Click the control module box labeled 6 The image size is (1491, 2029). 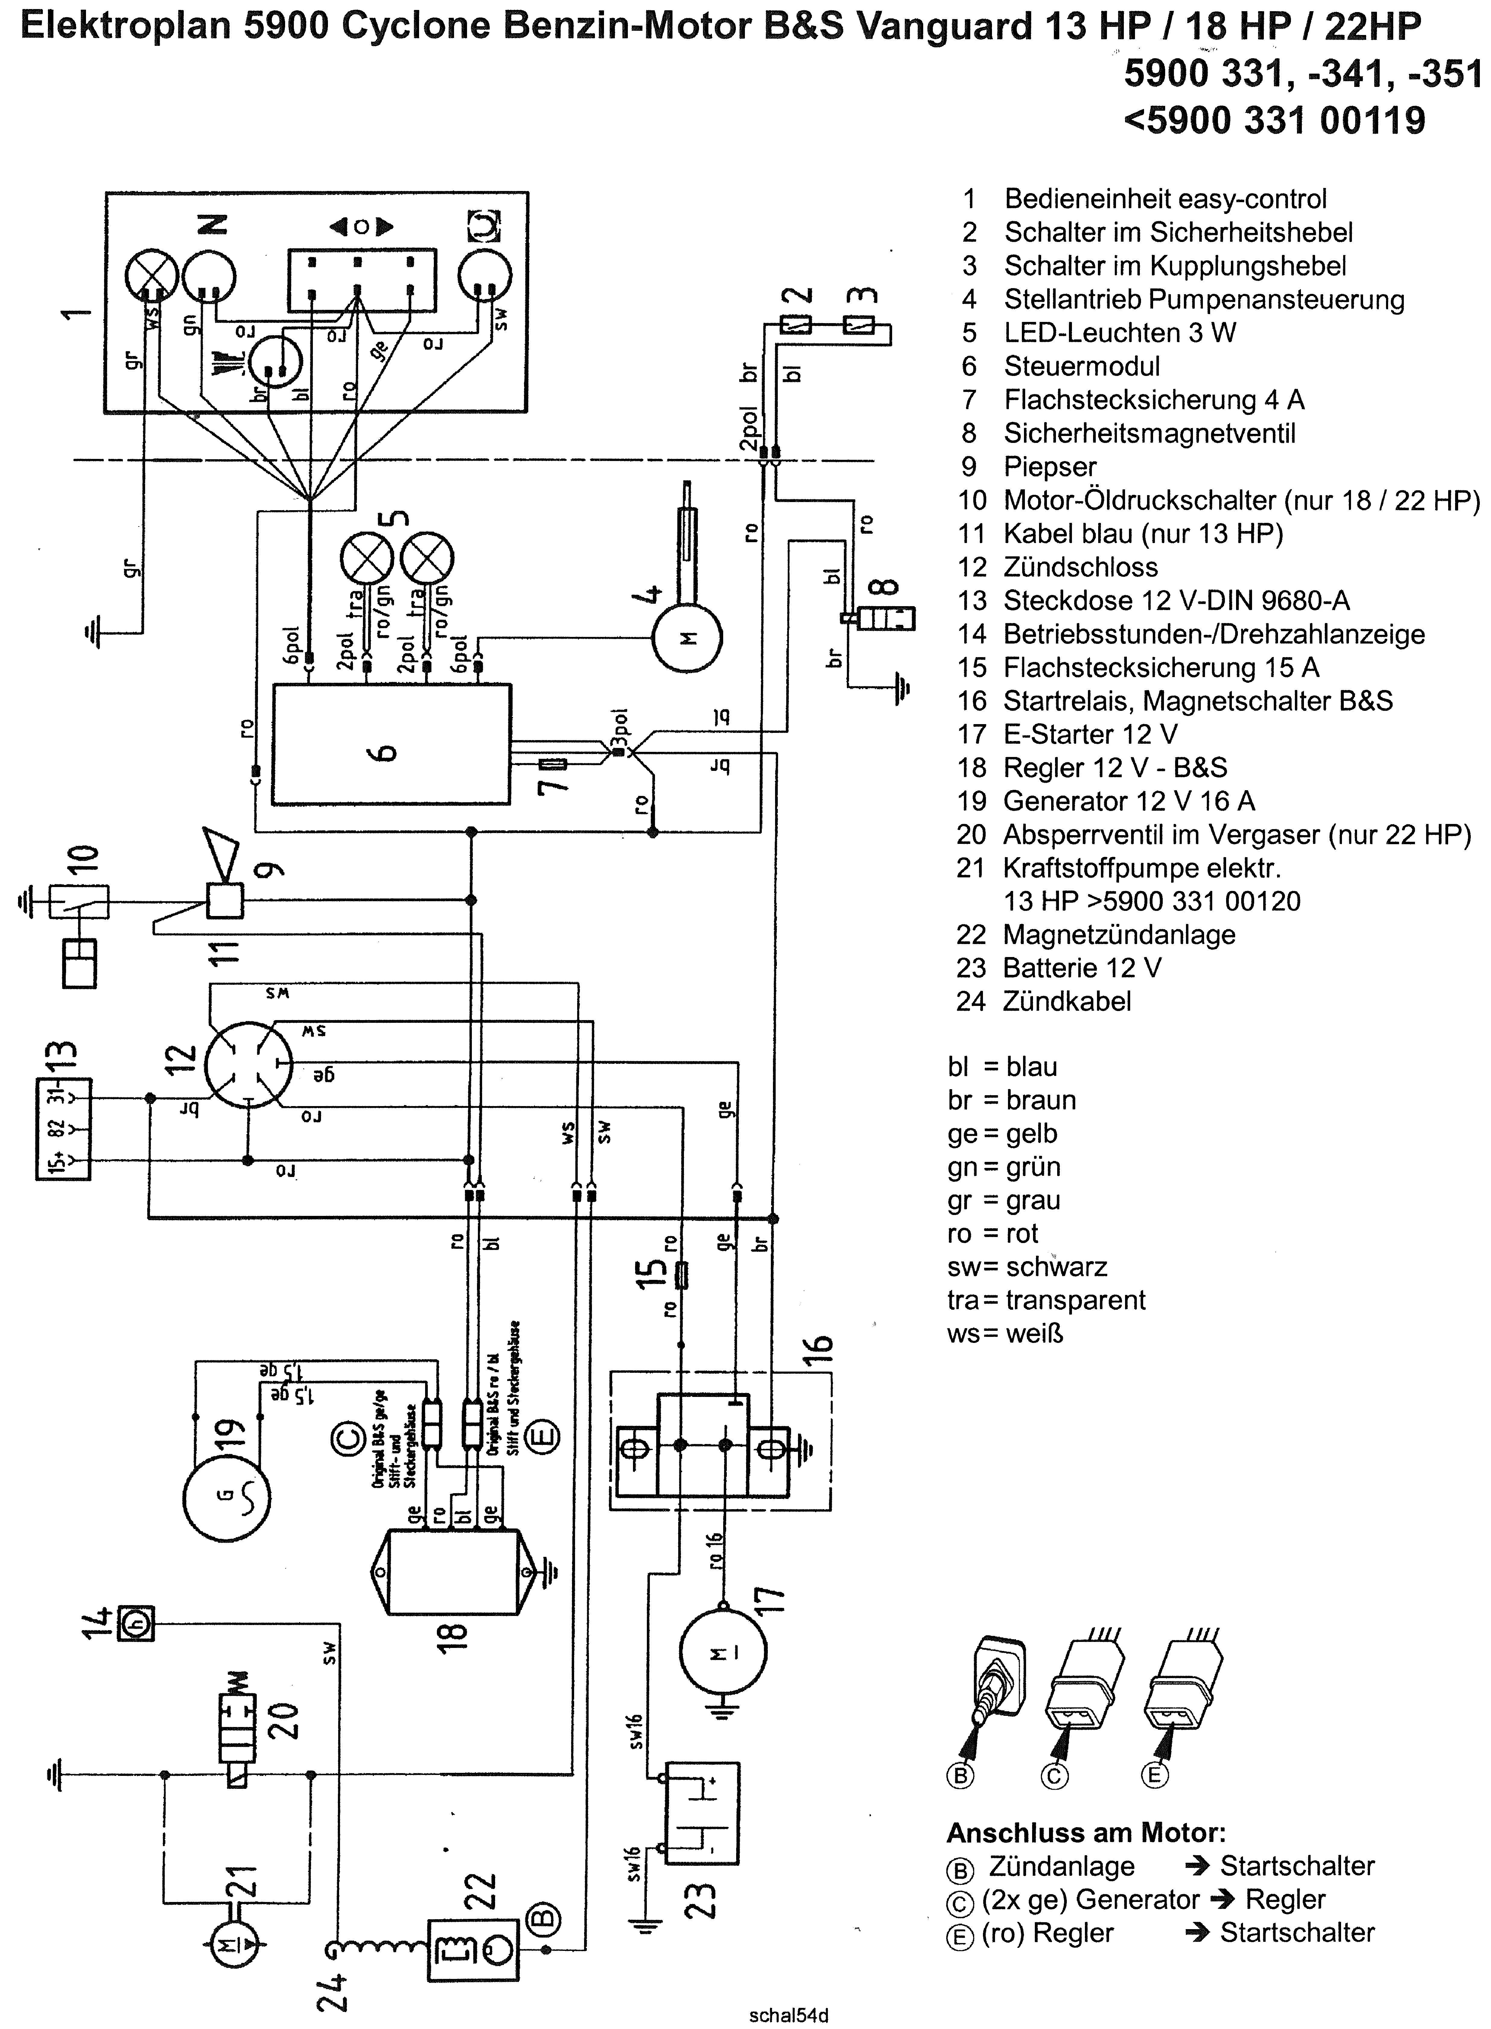click(x=391, y=744)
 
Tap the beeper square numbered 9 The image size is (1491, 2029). click(x=225, y=901)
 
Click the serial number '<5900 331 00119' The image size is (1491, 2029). click(x=1274, y=120)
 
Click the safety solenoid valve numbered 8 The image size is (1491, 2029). click(x=889, y=618)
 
